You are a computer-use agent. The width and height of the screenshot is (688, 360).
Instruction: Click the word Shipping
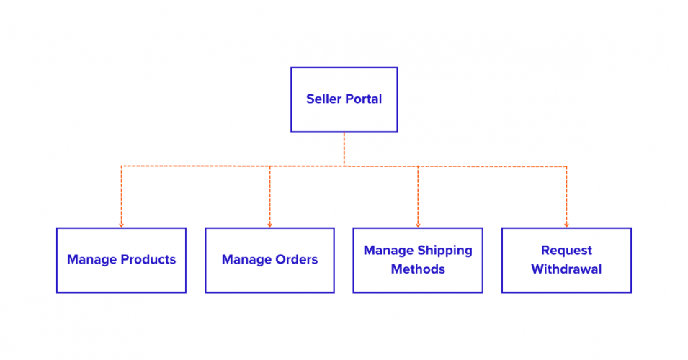click(x=444, y=251)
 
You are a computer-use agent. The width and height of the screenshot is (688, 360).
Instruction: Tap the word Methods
click(x=418, y=269)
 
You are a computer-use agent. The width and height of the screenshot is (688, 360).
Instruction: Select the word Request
click(x=566, y=251)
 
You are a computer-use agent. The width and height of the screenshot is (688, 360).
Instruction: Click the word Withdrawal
click(x=566, y=269)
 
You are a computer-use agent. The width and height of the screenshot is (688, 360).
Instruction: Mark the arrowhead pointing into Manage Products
click(x=121, y=225)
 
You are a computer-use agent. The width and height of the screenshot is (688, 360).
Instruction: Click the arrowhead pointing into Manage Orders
click(x=269, y=225)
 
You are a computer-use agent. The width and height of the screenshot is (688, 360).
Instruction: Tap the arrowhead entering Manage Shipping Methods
click(x=418, y=225)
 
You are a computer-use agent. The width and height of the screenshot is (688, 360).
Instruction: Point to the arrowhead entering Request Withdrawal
click(x=566, y=225)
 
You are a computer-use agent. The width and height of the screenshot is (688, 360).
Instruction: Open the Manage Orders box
click(x=269, y=281)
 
